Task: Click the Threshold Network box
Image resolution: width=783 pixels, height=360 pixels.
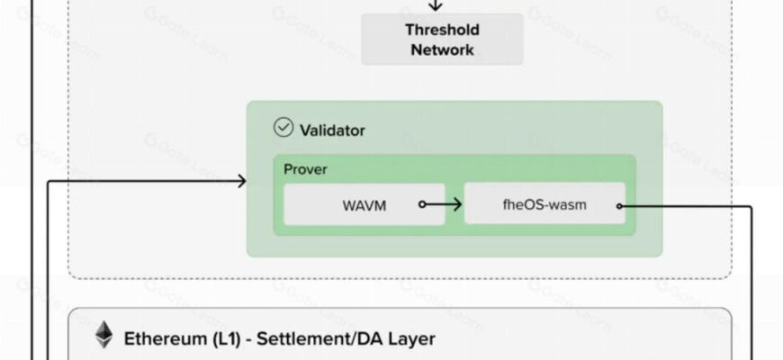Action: [442, 40]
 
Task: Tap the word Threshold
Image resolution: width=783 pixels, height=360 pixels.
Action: [442, 30]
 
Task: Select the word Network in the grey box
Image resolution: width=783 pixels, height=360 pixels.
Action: [442, 50]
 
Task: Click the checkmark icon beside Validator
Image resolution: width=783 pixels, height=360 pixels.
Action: [283, 128]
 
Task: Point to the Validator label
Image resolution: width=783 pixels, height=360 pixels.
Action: [332, 130]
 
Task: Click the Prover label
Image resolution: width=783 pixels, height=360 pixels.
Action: [305, 169]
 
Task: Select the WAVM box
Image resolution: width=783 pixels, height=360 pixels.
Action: [364, 205]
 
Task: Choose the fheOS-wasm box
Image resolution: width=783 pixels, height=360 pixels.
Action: [544, 204]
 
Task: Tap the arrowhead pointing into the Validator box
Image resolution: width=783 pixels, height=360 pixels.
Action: [240, 181]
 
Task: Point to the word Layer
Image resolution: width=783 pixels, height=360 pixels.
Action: [413, 339]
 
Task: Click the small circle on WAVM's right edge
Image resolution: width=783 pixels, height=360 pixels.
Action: [422, 205]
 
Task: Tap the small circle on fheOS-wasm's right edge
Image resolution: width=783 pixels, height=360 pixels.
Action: [620, 206]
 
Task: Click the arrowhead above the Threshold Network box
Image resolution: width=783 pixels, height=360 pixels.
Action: [436, 6]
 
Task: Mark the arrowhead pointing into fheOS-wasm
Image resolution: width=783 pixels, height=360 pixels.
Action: [457, 205]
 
